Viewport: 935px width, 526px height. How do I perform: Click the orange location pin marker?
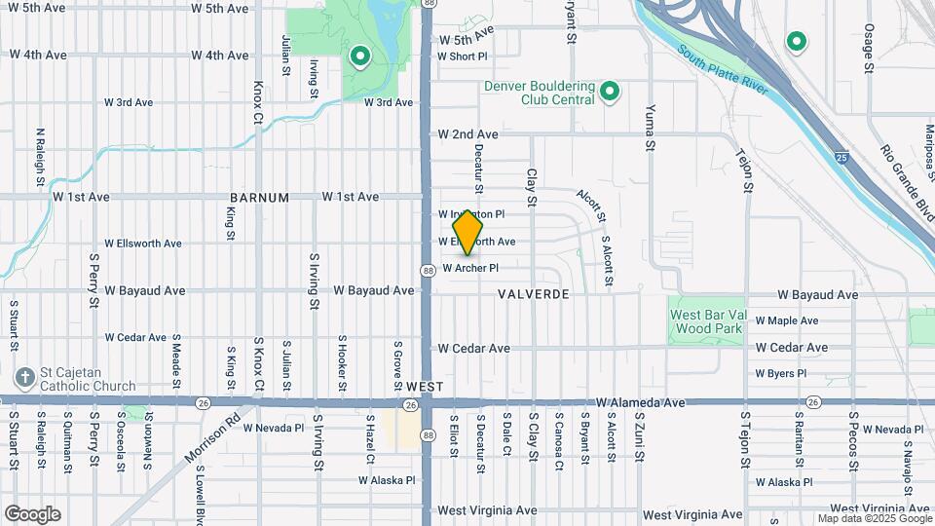click(468, 233)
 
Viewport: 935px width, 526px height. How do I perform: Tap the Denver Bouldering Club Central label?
click(540, 93)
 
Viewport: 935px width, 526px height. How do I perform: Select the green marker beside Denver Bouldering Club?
click(611, 93)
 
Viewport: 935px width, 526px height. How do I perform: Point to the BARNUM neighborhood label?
click(259, 198)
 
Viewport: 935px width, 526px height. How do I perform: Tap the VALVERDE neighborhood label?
click(533, 293)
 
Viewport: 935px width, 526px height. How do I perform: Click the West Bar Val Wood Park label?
click(707, 321)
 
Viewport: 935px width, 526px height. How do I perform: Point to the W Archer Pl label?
click(470, 268)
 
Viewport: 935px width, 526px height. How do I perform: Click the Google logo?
click(32, 513)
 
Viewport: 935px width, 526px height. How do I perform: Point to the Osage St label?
click(869, 49)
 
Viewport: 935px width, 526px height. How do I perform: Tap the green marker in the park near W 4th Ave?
click(359, 56)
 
